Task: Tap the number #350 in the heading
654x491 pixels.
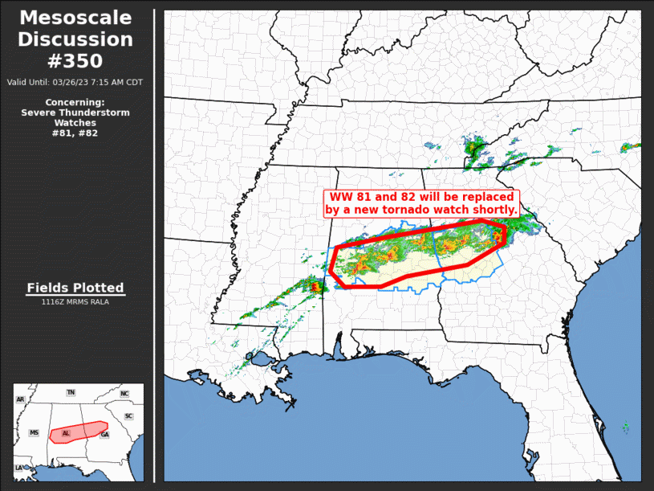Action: (x=75, y=61)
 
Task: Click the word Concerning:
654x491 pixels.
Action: (x=75, y=103)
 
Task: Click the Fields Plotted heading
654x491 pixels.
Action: (x=75, y=288)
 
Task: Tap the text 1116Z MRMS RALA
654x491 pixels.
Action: (x=75, y=301)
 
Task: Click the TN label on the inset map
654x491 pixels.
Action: (x=71, y=392)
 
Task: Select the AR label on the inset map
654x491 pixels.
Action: (x=20, y=399)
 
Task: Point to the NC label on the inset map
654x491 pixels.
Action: (x=124, y=394)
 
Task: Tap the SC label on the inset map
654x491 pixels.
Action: (x=128, y=416)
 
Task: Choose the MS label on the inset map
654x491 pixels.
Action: (x=35, y=432)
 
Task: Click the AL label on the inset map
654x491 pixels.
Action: (x=66, y=433)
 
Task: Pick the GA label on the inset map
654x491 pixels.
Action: (x=104, y=434)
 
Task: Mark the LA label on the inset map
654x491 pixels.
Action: (x=18, y=468)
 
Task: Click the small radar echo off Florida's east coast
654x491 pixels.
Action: (x=625, y=426)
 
